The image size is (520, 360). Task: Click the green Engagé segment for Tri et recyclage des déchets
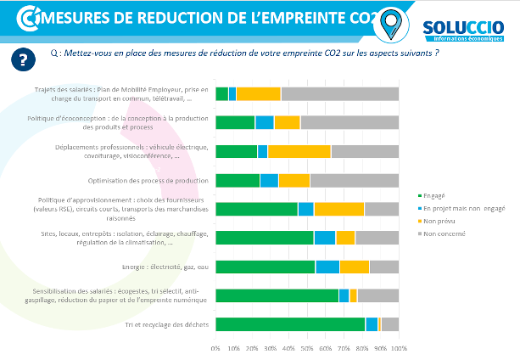tap(290, 324)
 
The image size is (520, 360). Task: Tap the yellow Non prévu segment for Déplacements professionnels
tap(299, 151)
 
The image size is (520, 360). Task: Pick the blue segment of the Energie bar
tap(327, 267)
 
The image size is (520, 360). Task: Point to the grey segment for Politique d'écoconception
tap(349, 122)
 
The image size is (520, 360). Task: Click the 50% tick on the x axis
tap(307, 349)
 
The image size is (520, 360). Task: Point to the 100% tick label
tap(398, 349)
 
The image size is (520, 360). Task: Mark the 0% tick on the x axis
tap(216, 349)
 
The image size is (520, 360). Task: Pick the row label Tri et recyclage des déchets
tap(165, 324)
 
